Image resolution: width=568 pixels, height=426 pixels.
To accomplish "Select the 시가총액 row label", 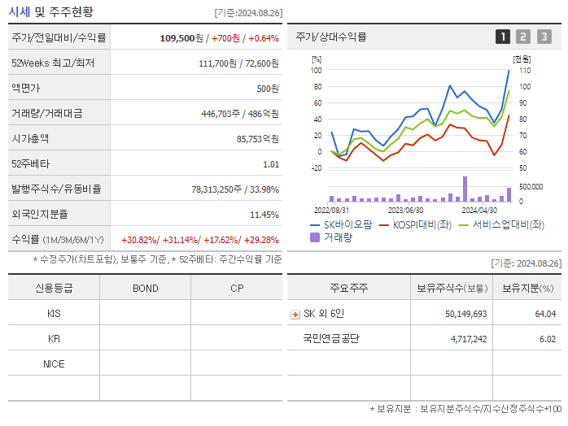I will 31,138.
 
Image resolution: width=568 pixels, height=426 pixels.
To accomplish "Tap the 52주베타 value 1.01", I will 270,164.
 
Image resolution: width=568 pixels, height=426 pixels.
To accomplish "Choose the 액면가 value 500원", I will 268,88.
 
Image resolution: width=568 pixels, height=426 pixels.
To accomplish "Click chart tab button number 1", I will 503,37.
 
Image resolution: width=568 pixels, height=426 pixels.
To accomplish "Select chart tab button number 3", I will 544,37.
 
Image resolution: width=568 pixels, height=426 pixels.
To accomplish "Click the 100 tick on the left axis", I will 317,70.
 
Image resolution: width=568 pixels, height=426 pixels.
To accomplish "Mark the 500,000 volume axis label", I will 530,186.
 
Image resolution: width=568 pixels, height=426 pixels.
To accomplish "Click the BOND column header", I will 146,288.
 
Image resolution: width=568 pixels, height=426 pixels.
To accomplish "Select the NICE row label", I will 54,363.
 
